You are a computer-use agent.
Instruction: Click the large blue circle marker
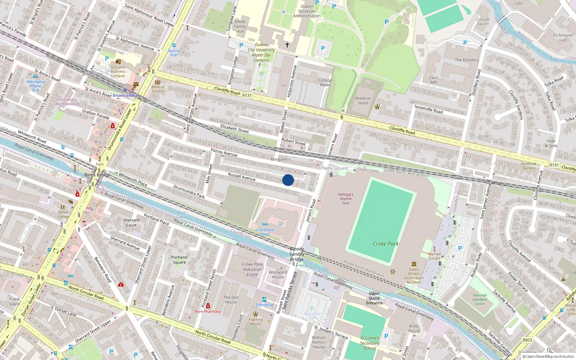coord(288,180)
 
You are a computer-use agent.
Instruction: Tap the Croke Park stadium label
coord(386,244)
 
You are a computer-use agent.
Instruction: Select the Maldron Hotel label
coord(363,100)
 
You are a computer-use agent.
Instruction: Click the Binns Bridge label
coord(97,175)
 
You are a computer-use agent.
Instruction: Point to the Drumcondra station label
coord(125,95)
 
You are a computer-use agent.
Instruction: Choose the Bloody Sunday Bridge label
coord(297,254)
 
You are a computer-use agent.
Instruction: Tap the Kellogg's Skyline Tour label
coord(346,199)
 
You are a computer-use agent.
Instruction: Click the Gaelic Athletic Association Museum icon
coord(414,264)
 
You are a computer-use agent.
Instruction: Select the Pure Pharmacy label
coord(208,311)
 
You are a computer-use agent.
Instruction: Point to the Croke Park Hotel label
coord(265,232)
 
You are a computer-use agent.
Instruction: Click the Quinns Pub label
coord(174,53)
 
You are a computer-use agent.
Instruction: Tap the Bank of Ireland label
coord(158,89)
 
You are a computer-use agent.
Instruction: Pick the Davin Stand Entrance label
coord(374,298)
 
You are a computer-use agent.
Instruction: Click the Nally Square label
coord(335,168)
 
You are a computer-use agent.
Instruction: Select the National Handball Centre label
coord(480,300)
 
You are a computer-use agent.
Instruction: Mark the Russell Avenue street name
coord(242,176)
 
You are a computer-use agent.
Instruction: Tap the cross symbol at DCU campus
coord(287,45)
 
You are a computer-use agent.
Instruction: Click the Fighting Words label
coord(256,321)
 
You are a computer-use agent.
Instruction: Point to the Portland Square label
coord(179,260)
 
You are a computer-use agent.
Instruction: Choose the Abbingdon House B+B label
coord(36,86)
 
